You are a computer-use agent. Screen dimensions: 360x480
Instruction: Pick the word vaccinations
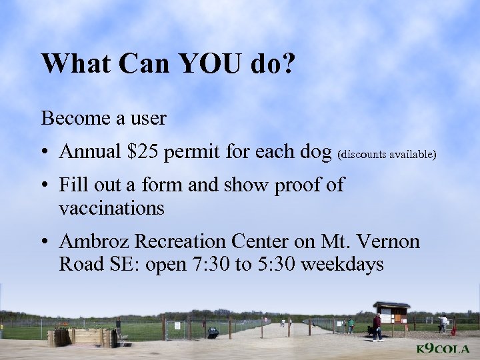point(111,208)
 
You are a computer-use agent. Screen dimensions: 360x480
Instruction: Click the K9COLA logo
point(443,349)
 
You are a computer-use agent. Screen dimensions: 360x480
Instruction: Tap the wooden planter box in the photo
point(83,337)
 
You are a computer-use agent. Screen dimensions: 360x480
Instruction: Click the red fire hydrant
point(454,330)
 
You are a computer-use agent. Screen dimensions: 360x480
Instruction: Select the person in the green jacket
point(351,325)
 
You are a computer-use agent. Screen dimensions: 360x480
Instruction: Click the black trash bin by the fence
point(213,331)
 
